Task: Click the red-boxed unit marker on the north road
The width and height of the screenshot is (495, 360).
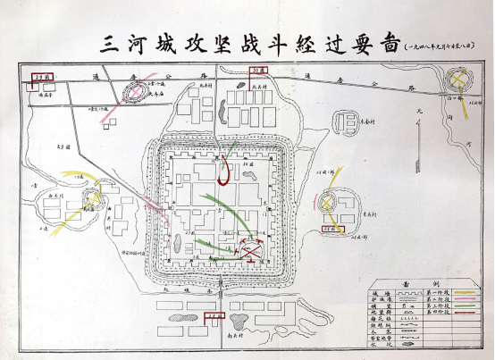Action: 258,69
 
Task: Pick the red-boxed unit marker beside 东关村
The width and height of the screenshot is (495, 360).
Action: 332,229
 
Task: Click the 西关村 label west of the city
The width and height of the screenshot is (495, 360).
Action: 55,194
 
